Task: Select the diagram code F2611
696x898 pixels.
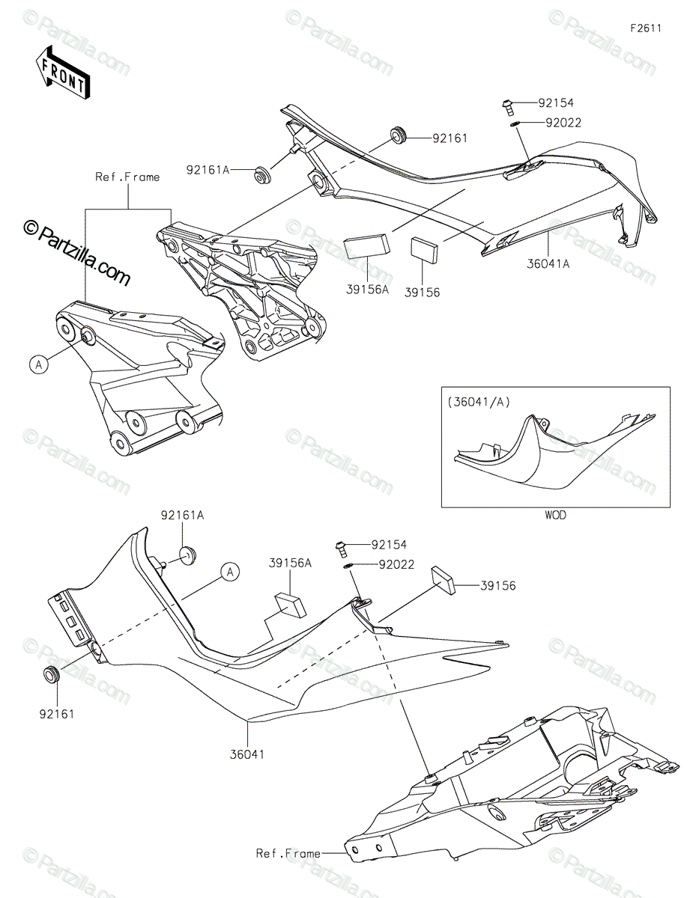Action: point(645,28)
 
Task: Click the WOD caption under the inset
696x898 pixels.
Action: point(555,515)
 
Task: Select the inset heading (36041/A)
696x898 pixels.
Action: point(479,402)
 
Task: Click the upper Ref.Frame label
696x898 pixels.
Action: point(127,177)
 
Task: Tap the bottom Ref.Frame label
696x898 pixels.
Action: point(288,853)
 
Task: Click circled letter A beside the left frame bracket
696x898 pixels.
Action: point(39,364)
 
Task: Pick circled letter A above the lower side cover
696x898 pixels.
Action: point(231,572)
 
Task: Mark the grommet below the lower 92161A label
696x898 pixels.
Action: point(185,555)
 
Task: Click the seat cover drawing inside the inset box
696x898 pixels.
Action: point(554,453)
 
